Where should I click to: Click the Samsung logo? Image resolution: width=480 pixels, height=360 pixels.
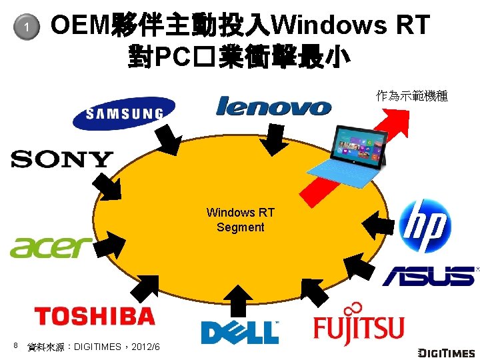124,113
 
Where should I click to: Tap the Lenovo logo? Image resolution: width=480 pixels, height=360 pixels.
273,106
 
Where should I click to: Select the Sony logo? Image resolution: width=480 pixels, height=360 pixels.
62,159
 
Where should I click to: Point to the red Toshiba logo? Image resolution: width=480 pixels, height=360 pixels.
94,315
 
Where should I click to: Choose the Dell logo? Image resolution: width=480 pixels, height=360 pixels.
239,331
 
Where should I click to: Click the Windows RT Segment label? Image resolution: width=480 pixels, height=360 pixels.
240,220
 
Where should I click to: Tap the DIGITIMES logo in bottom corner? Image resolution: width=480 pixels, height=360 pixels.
446,352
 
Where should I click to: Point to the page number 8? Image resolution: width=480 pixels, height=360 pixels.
15,345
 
